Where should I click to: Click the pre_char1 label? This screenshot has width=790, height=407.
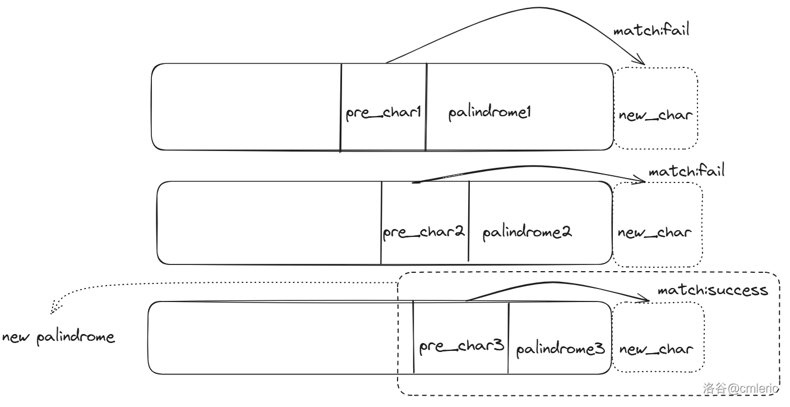[x=383, y=113]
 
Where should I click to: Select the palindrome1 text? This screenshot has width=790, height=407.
[x=489, y=113]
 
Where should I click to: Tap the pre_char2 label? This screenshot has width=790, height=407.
[x=424, y=232]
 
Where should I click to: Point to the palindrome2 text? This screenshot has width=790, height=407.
[x=527, y=232]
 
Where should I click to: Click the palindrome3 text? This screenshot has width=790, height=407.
[x=560, y=349]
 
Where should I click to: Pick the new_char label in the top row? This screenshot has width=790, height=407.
[x=655, y=116]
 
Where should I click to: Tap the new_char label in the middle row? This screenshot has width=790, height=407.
[x=654, y=232]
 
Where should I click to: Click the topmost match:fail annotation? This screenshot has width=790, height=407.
[x=650, y=30]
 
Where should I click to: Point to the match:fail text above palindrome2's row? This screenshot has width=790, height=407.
[x=686, y=171]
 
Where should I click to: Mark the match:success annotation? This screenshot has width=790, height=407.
[x=712, y=290]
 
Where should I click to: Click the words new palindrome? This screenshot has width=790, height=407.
[x=58, y=337]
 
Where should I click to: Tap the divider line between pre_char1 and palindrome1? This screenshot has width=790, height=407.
[x=426, y=107]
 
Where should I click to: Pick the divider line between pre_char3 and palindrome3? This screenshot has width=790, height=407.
[x=509, y=337]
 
